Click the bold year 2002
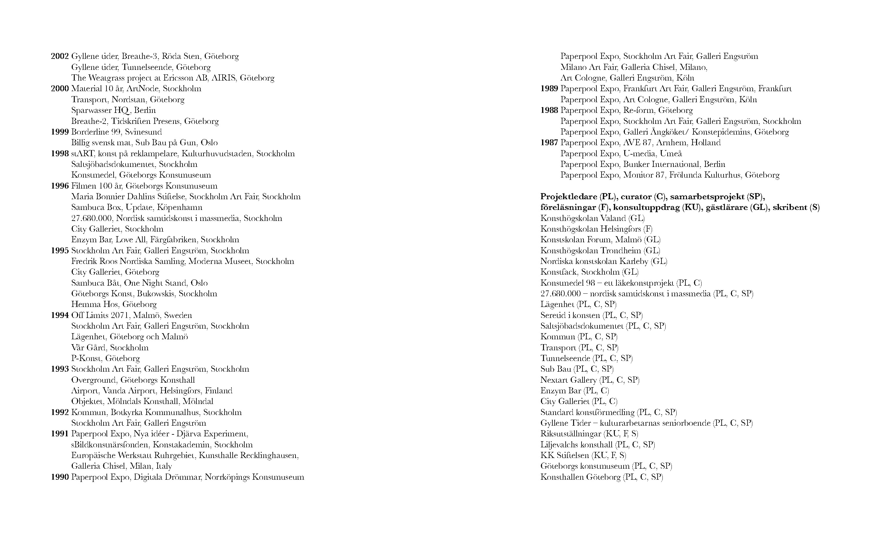[x=60, y=57]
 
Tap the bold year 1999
[x=60, y=132]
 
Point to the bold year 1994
[x=60, y=315]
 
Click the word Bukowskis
[x=156, y=294]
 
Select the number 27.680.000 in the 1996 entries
[x=92, y=218]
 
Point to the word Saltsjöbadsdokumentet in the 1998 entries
[x=114, y=164]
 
